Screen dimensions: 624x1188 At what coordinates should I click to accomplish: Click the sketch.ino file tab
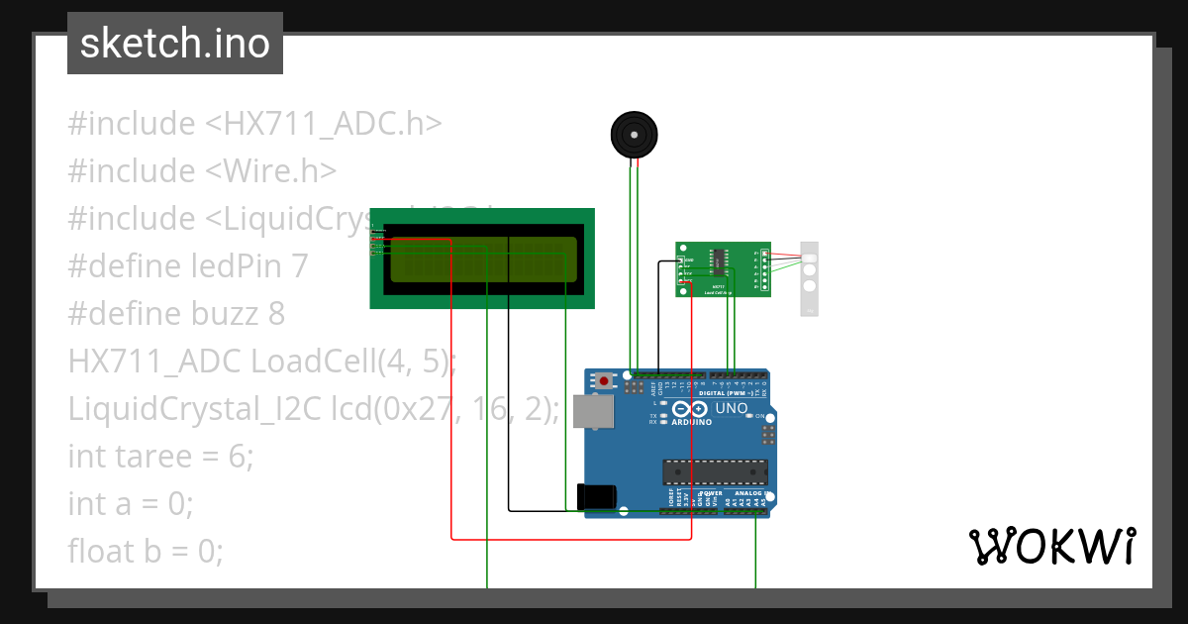[x=175, y=44]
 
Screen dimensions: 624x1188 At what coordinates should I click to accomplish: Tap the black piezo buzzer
[x=634, y=135]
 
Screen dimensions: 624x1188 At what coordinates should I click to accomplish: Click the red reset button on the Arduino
[x=603, y=380]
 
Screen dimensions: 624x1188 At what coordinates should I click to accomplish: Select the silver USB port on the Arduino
[x=593, y=411]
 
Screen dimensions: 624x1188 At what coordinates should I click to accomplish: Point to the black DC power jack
[x=597, y=497]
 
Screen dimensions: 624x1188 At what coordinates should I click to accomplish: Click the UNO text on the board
[x=732, y=408]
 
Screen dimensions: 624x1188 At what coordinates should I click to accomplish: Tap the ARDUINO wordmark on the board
[x=691, y=422]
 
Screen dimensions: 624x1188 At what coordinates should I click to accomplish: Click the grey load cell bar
[x=810, y=278]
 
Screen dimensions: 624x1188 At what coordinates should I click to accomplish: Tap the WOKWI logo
[x=1051, y=546]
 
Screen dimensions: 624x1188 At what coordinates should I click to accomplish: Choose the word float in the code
[x=100, y=551]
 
